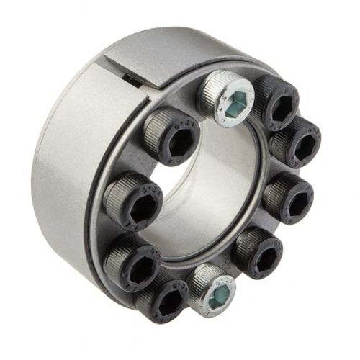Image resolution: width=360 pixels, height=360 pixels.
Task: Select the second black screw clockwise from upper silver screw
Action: [x=295, y=140]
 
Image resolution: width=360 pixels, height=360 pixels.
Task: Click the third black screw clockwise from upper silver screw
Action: [x=289, y=196]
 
